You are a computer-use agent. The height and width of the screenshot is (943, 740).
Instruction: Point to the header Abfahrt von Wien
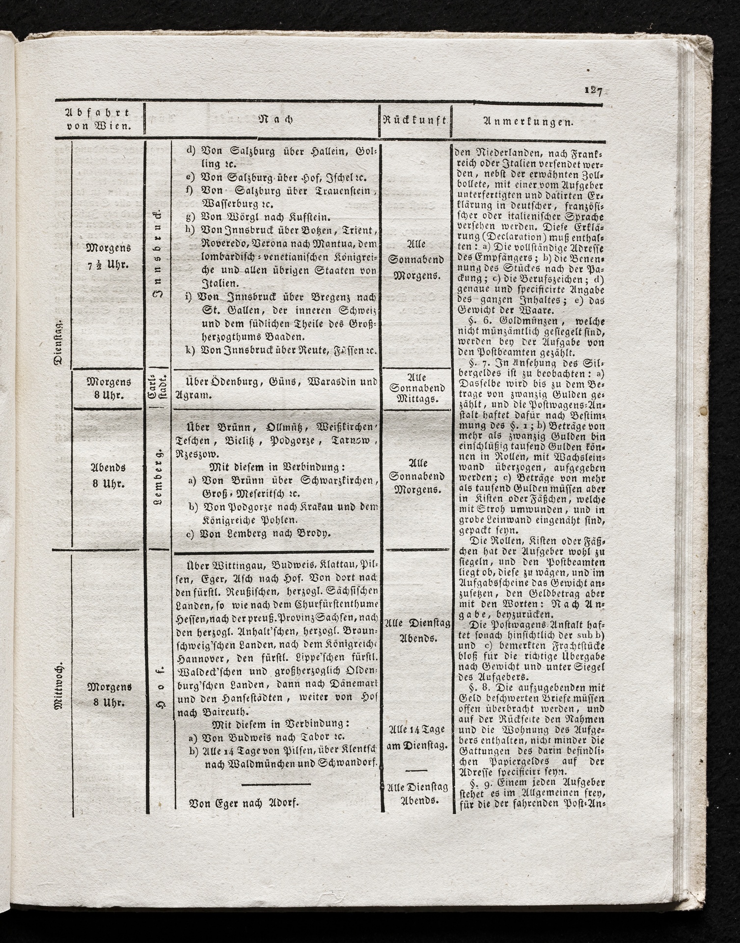point(99,120)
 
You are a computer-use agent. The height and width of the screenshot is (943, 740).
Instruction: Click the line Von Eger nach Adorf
point(244,804)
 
